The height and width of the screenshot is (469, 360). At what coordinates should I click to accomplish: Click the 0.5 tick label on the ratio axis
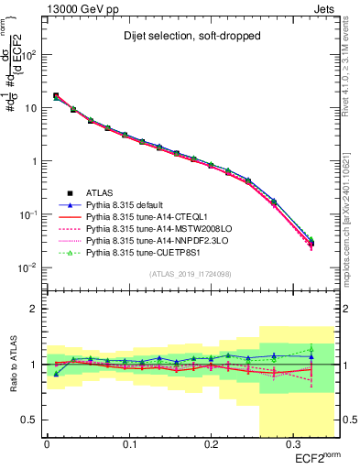tap(33, 420)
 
